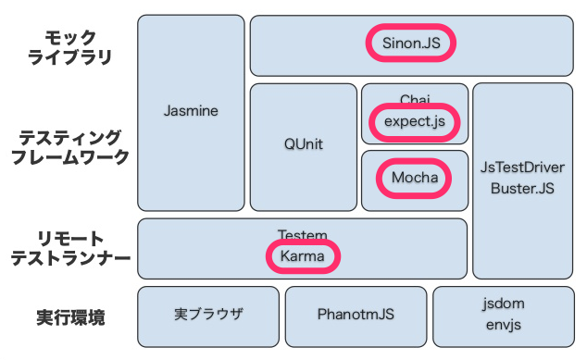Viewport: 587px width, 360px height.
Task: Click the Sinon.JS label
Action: click(411, 43)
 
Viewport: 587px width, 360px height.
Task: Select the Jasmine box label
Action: click(190, 111)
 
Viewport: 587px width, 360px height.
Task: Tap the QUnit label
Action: click(304, 145)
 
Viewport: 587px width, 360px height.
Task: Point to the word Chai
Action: click(415, 98)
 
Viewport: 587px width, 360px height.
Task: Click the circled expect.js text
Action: click(415, 120)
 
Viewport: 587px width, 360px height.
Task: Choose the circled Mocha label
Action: click(414, 176)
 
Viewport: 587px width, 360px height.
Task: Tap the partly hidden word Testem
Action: click(302, 235)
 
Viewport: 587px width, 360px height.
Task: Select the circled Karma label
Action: click(303, 255)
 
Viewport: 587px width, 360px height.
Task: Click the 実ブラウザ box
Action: click(208, 315)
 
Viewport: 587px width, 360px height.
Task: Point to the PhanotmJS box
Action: click(356, 315)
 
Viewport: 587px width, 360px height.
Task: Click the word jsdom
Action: click(503, 304)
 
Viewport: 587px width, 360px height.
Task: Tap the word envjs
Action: click(503, 325)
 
